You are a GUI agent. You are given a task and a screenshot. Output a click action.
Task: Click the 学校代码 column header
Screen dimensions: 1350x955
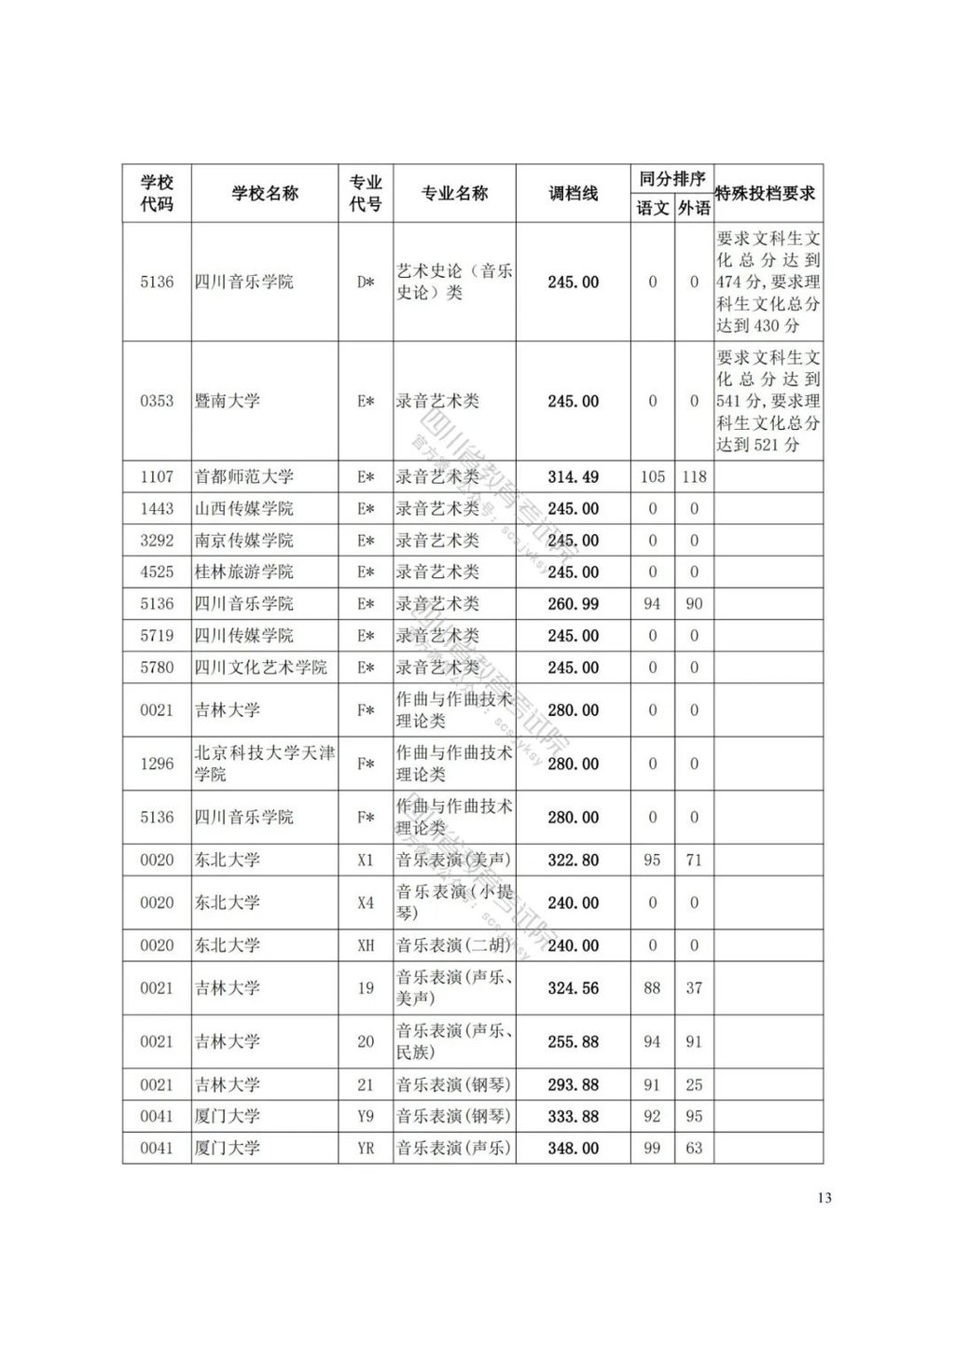(x=157, y=193)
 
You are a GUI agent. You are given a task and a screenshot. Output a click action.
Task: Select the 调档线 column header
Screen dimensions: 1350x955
(x=573, y=193)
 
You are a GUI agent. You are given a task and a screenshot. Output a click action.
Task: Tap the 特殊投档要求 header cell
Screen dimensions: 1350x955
(x=768, y=193)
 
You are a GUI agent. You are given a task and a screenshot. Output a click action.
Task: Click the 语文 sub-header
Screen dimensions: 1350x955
(x=652, y=207)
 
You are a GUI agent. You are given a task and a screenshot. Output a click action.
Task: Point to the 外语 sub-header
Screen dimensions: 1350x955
(x=694, y=207)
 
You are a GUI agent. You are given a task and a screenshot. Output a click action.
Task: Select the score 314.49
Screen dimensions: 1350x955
(x=573, y=477)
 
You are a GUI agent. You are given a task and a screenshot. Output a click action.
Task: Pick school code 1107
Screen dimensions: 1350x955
(x=157, y=477)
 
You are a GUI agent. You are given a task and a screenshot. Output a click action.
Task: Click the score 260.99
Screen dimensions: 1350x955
(x=573, y=604)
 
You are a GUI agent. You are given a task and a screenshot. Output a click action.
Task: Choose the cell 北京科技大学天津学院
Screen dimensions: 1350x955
(x=264, y=763)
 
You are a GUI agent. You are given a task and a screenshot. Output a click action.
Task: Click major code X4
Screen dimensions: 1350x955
(x=366, y=902)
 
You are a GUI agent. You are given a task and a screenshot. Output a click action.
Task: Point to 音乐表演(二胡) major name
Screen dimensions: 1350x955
(x=454, y=945)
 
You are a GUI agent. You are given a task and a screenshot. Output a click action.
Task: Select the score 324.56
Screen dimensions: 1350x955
(x=573, y=988)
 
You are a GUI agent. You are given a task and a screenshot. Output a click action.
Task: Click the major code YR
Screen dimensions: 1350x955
(x=366, y=1149)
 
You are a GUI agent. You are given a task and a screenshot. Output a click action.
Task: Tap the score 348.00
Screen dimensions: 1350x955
(x=573, y=1149)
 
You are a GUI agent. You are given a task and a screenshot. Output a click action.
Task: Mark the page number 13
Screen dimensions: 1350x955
(x=824, y=1198)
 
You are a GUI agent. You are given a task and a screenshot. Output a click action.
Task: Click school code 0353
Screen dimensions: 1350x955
(x=157, y=401)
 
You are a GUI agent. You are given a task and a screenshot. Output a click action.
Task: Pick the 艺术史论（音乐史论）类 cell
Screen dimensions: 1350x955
(x=454, y=282)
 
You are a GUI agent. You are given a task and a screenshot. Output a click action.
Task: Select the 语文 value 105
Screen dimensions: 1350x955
(x=652, y=477)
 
